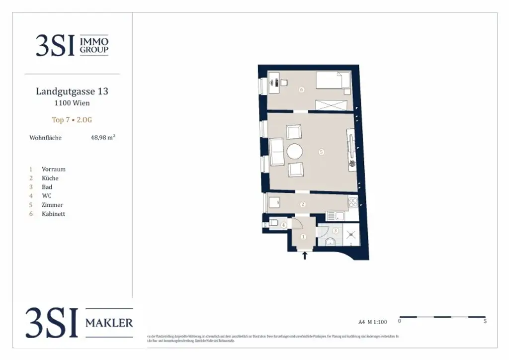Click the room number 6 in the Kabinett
click(301, 90)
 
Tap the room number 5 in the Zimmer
click(322, 152)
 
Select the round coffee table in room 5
click(294, 151)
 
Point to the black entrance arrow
click(305, 256)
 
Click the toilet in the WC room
click(273, 223)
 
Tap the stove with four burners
click(353, 202)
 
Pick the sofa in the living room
click(276, 152)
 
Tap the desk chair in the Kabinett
click(283, 83)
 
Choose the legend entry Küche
click(50, 178)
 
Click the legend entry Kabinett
click(54, 214)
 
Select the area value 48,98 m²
click(103, 138)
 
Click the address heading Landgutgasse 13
click(72, 91)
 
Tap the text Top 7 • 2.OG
click(72, 120)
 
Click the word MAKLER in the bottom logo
click(109, 323)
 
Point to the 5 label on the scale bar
click(485, 321)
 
